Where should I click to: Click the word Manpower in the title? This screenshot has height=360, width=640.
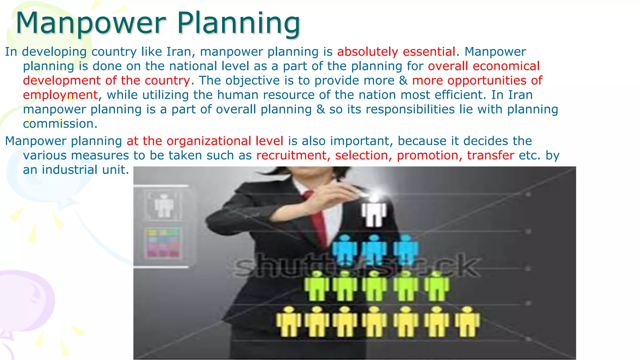pyautogui.click(x=91, y=23)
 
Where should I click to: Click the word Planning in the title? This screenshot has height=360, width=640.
pyautogui.click(x=239, y=23)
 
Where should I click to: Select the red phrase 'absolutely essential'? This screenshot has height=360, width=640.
pyautogui.click(x=396, y=52)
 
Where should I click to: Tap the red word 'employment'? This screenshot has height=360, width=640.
pyautogui.click(x=61, y=95)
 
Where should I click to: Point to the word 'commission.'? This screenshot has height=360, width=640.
pyautogui.click(x=60, y=124)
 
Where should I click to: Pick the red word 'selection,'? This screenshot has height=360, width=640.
pyautogui.click(x=361, y=156)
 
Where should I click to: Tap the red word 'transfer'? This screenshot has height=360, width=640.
pyautogui.click(x=490, y=156)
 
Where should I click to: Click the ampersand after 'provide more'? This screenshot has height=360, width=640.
pyautogui.click(x=403, y=81)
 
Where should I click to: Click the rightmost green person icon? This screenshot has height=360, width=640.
pyautogui.click(x=437, y=286)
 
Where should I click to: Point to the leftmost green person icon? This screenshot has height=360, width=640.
pyautogui.click(x=317, y=286)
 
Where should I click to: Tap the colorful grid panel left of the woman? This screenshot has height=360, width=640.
pyautogui.click(x=163, y=242)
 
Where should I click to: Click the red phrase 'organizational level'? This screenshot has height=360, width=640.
pyautogui.click(x=225, y=141)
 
